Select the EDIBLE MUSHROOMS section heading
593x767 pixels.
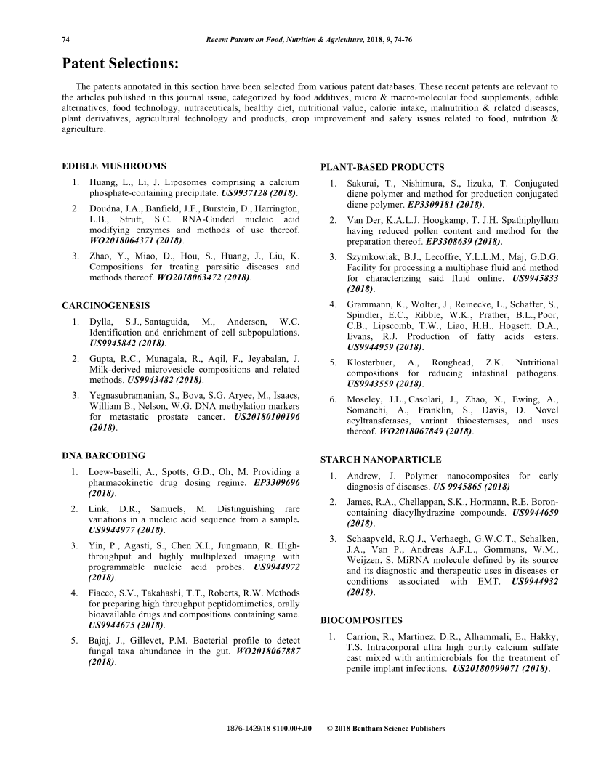[x=114, y=166]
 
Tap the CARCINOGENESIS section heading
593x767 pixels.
[x=106, y=305]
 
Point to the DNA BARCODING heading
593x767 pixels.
[x=103, y=455]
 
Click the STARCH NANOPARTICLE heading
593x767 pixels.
[x=380, y=460]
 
